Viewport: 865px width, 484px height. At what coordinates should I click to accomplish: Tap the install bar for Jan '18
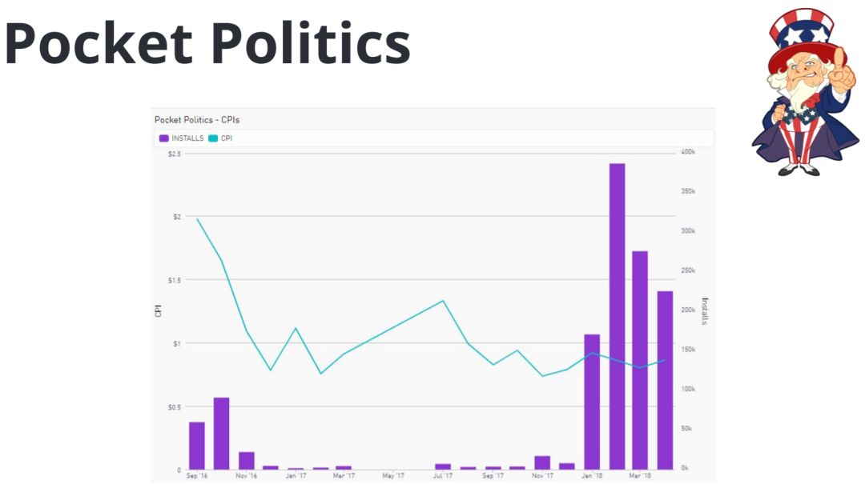click(x=592, y=401)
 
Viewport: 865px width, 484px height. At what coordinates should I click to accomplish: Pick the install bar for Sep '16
click(x=197, y=445)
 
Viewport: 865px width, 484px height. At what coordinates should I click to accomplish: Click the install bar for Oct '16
click(x=221, y=433)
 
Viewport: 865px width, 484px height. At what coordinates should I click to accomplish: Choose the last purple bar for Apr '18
click(x=665, y=380)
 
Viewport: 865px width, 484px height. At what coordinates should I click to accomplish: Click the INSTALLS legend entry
click(x=182, y=138)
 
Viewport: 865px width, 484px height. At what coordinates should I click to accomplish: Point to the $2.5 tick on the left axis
click(x=174, y=153)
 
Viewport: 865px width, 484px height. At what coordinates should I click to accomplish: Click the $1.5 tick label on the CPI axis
click(x=174, y=280)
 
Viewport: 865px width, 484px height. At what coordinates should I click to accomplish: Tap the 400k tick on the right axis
click(x=688, y=152)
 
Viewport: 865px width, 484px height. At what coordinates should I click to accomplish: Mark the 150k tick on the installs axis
click(x=688, y=350)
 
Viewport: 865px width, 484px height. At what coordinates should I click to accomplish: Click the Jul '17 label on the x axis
click(x=443, y=475)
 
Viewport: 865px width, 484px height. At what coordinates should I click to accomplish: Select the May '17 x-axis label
click(x=393, y=475)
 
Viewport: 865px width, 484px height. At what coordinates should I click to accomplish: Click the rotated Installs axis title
click(x=705, y=311)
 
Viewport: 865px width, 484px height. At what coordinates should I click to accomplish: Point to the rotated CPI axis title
click(x=159, y=311)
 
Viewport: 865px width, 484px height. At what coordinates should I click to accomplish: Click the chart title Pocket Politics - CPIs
click(x=197, y=120)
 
